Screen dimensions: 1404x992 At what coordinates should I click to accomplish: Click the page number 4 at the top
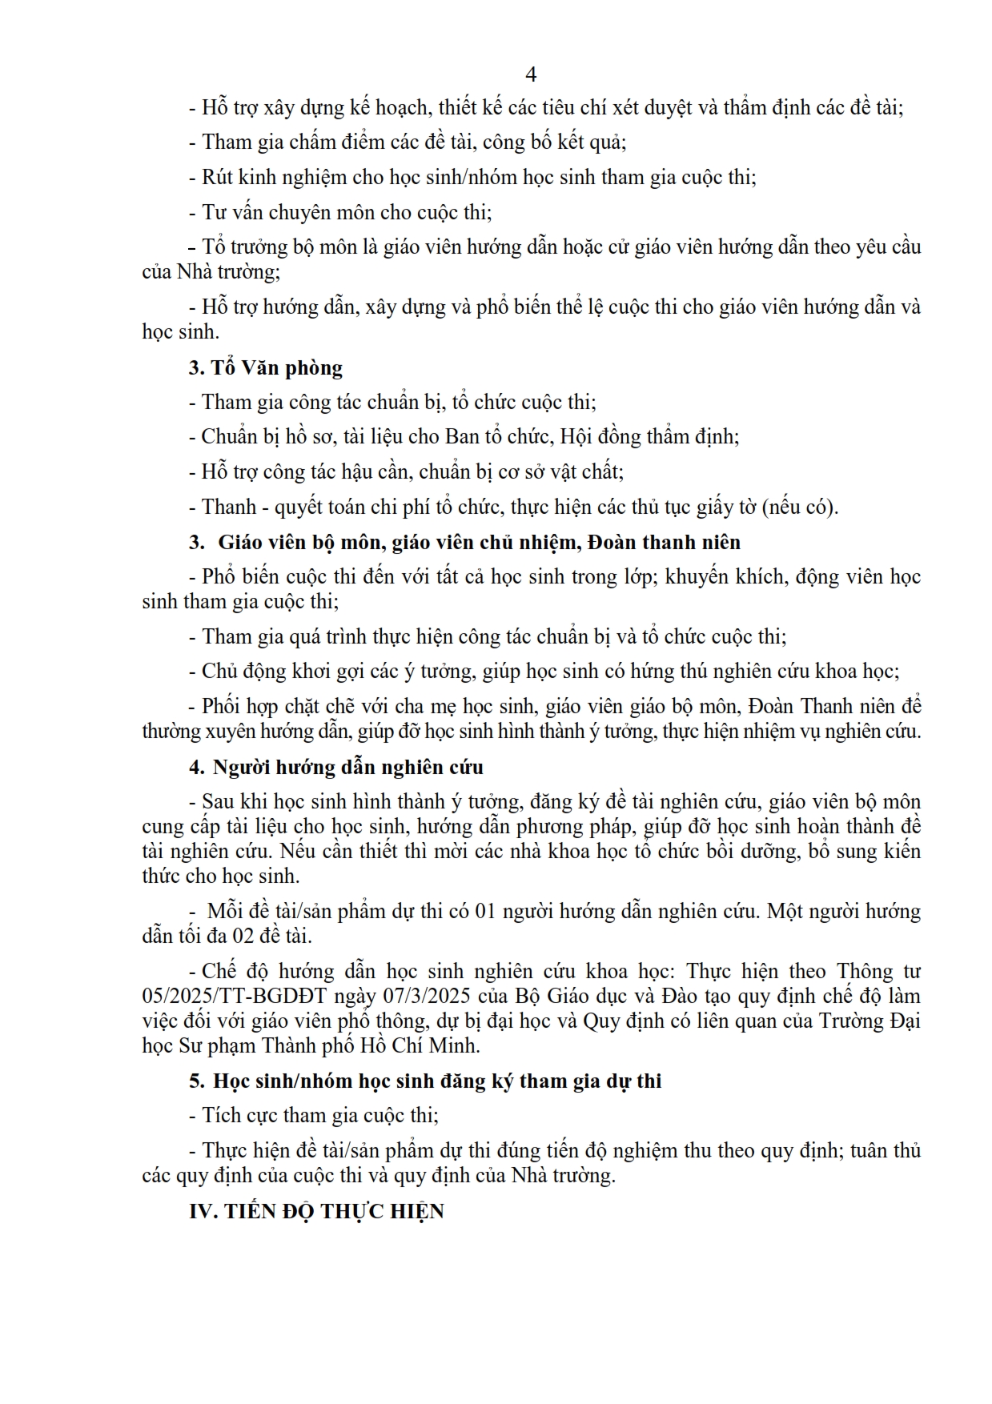click(530, 74)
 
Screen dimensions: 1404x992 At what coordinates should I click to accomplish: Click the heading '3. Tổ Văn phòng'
click(265, 367)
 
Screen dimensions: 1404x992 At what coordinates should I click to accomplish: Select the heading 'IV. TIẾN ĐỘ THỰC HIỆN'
click(316, 1211)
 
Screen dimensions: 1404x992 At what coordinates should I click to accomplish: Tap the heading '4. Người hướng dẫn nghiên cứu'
click(335, 767)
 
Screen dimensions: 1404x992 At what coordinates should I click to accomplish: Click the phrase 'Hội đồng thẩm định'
click(649, 437)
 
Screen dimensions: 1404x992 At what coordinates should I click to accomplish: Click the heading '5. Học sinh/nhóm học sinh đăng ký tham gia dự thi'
click(425, 1081)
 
